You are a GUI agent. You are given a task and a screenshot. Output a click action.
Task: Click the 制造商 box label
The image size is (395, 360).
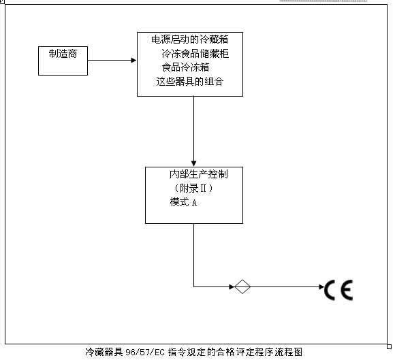tap(63, 54)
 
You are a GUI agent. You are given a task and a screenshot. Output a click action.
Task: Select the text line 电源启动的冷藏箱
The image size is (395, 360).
tap(190, 39)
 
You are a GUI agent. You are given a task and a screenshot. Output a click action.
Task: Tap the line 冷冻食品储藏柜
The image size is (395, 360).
tap(195, 54)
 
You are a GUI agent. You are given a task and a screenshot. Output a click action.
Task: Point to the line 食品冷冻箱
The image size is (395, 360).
tap(185, 67)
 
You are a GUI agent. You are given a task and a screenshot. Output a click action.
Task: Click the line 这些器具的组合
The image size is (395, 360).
tap(190, 81)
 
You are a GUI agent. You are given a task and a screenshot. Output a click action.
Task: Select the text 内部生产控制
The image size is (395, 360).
tap(198, 174)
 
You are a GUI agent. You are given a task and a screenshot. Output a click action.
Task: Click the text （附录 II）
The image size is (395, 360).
tap(193, 188)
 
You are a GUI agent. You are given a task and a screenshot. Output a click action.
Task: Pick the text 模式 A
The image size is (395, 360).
tap(183, 202)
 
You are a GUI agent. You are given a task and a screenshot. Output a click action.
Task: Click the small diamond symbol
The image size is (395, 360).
tap(242, 287)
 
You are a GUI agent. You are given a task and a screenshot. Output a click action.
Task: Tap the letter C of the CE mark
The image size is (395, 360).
tap(329, 290)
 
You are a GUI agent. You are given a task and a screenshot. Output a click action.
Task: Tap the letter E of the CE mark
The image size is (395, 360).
tap(347, 290)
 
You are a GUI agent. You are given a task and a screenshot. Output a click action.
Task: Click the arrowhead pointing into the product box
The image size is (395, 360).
tap(133, 60)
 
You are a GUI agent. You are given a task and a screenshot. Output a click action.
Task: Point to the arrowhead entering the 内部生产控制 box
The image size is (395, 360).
tap(193, 163)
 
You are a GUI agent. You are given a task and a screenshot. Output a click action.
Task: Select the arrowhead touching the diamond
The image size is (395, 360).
tap(232, 287)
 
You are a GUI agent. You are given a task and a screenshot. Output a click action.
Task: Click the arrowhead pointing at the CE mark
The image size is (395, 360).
tap(321, 287)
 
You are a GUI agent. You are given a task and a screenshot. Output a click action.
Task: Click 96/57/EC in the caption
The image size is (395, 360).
tap(145, 352)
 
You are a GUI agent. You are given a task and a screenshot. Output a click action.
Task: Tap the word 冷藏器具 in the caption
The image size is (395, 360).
tap(104, 352)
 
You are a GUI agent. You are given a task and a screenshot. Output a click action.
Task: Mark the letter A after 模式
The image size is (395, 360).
tap(194, 203)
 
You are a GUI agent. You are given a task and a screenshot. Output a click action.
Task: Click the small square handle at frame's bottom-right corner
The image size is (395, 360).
tap(389, 346)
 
